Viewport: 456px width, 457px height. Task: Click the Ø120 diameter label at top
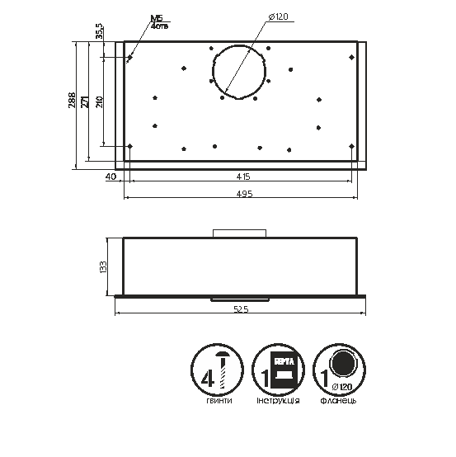(278, 16)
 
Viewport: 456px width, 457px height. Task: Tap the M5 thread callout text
(157, 18)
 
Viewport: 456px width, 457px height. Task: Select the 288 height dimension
(72, 101)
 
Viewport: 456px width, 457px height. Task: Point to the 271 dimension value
(84, 101)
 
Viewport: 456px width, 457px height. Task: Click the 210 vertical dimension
(99, 101)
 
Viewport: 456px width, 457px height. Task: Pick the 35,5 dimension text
(99, 31)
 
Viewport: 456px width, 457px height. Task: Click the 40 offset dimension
(110, 177)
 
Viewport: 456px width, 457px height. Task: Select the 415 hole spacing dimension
(243, 177)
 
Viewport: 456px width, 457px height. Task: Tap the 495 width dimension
(245, 194)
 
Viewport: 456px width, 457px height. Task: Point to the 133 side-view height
(103, 266)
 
